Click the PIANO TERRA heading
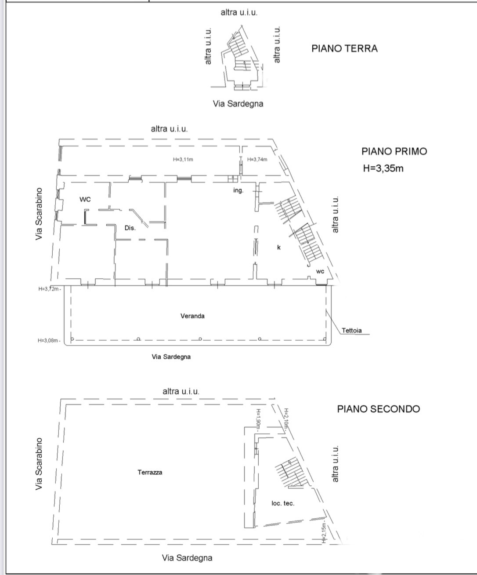(344, 48)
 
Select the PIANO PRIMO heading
(394, 151)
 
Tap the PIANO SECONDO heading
(379, 409)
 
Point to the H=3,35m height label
(383, 168)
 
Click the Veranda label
(192, 316)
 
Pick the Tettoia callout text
(351, 330)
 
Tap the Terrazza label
(150, 472)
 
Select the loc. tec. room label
(283, 503)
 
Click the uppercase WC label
(85, 199)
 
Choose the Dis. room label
(130, 228)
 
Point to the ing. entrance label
(238, 190)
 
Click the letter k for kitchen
(279, 247)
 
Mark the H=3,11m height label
(183, 159)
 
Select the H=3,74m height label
(257, 159)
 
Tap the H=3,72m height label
(49, 289)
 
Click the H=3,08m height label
(49, 340)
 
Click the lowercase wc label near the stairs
(320, 272)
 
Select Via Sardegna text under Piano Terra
(238, 104)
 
